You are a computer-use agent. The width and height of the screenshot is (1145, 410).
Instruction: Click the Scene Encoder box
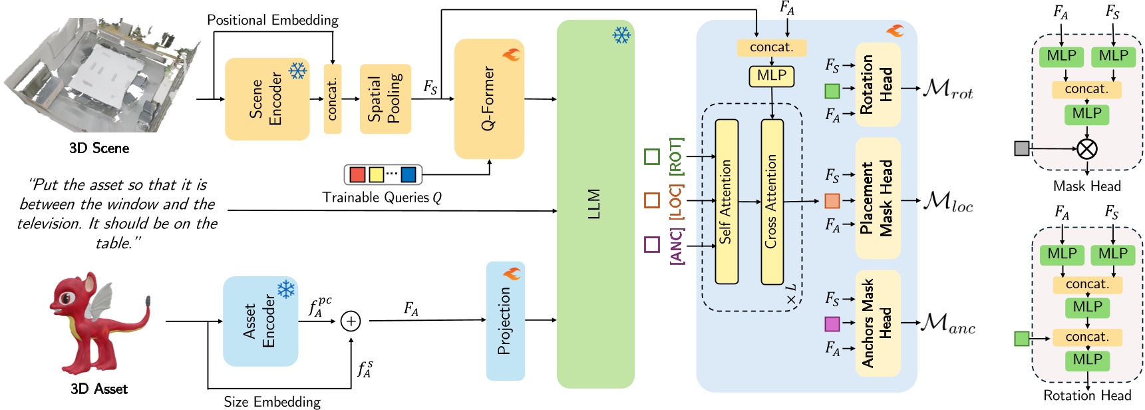pyautogui.click(x=267, y=99)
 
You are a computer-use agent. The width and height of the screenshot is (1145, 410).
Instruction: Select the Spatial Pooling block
pyautogui.click(x=385, y=99)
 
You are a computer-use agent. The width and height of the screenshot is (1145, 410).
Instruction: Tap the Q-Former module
pyautogui.click(x=489, y=99)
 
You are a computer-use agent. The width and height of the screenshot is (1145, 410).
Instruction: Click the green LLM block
pyautogui.click(x=595, y=204)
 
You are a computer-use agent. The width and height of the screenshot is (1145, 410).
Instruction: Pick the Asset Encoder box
pyautogui.click(x=260, y=321)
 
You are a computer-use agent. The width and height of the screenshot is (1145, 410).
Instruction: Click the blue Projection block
pyautogui.click(x=505, y=321)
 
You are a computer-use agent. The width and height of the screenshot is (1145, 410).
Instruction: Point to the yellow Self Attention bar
pyautogui.click(x=727, y=202)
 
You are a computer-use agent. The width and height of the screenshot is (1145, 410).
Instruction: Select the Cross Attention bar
pyautogui.click(x=772, y=202)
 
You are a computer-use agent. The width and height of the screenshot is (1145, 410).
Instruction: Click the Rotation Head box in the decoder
pyautogui.click(x=877, y=85)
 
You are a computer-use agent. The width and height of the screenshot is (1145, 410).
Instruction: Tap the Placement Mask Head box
pyautogui.click(x=877, y=198)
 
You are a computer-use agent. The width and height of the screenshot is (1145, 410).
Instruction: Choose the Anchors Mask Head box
pyautogui.click(x=877, y=323)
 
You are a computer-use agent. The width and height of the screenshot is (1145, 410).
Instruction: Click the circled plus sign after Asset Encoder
pyautogui.click(x=351, y=321)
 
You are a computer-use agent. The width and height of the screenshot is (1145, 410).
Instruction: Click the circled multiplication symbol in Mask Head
pyautogui.click(x=1086, y=148)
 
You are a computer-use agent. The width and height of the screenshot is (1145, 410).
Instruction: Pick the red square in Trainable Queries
pyautogui.click(x=357, y=174)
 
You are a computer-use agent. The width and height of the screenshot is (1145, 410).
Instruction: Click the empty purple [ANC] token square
pyautogui.click(x=652, y=244)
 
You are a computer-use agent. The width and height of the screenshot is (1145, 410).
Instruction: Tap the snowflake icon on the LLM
pyautogui.click(x=621, y=35)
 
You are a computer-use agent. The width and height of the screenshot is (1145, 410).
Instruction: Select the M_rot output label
pyautogui.click(x=947, y=89)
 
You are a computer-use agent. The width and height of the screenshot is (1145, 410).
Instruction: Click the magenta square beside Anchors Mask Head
pyautogui.click(x=832, y=324)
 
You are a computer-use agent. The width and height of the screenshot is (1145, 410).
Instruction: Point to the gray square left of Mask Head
pyautogui.click(x=1022, y=148)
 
